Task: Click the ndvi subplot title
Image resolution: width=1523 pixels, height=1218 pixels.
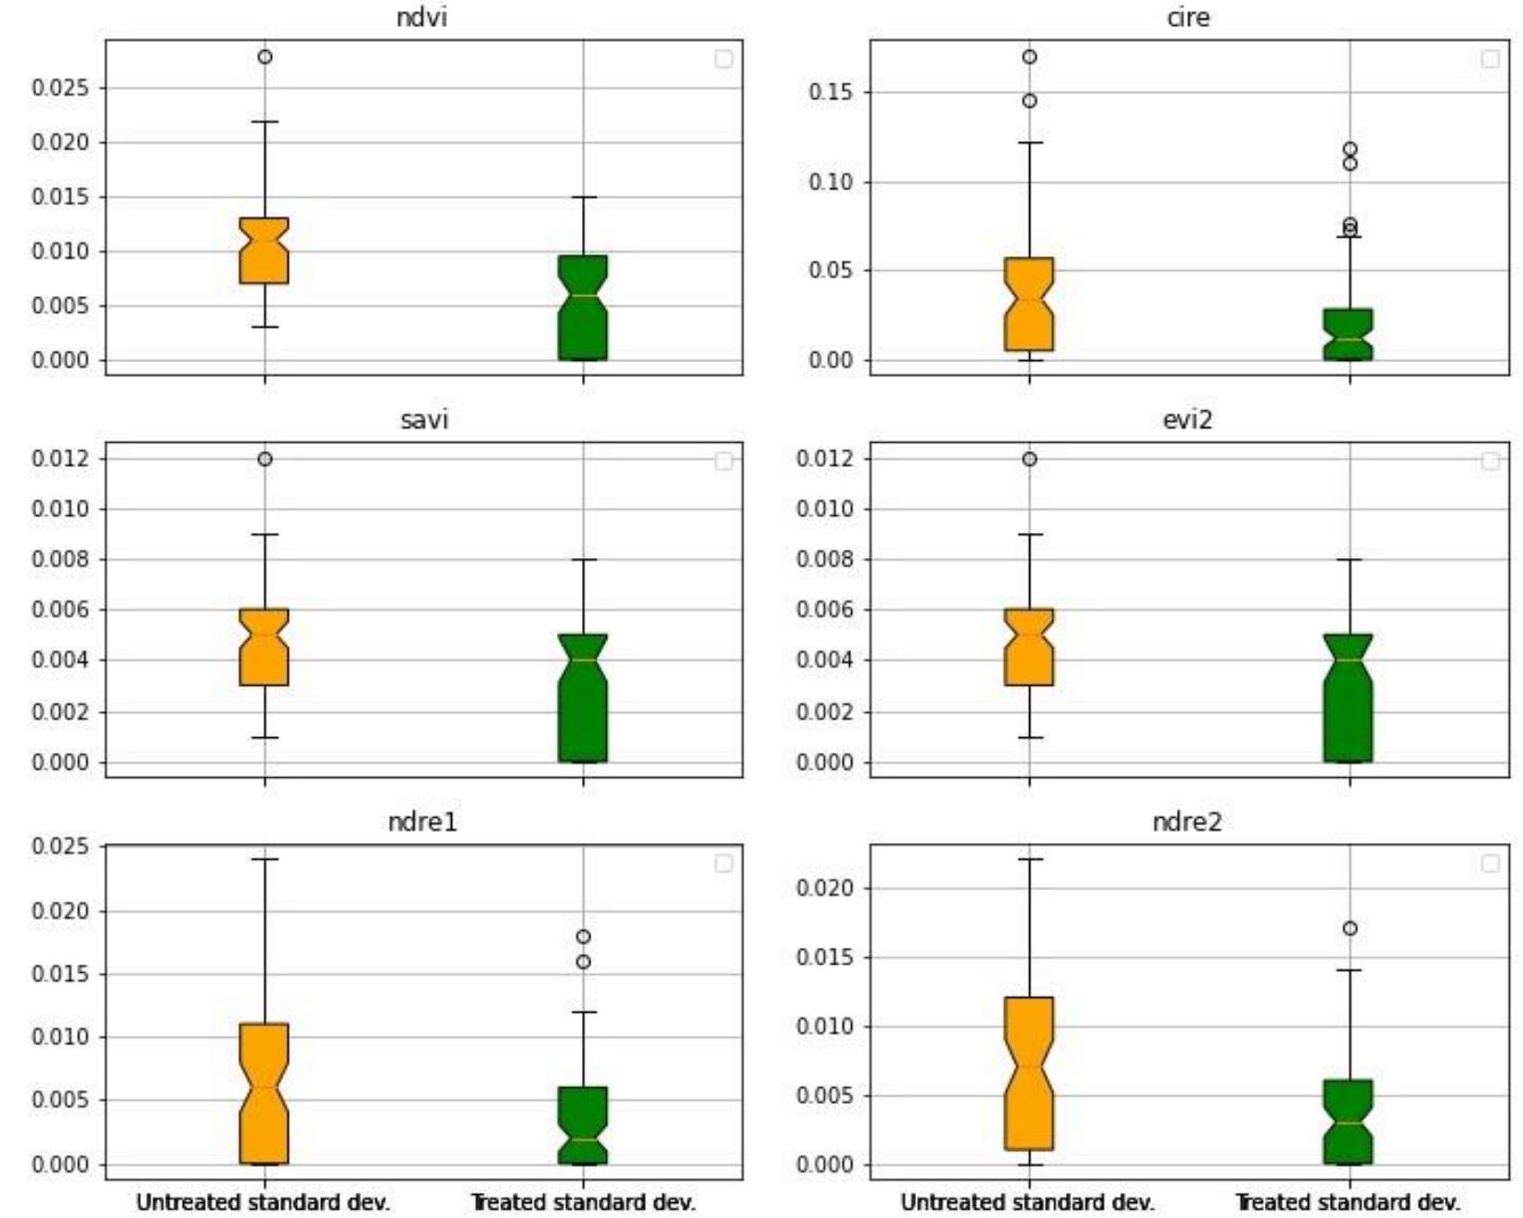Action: click(x=422, y=18)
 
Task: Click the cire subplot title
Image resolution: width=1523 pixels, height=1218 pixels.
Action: click(x=1188, y=18)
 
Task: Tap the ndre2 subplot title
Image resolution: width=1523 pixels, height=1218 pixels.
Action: click(x=1186, y=822)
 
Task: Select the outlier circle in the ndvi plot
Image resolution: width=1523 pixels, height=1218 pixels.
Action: click(x=265, y=57)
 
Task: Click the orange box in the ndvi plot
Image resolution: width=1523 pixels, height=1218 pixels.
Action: click(x=264, y=251)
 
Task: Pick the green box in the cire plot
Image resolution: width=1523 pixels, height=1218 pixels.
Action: click(x=1349, y=334)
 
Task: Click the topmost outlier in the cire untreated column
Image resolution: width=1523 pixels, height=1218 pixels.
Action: click(x=1029, y=57)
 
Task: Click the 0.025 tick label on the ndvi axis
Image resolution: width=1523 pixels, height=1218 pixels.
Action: click(x=60, y=88)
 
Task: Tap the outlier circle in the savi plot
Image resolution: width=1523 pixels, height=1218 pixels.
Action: click(x=265, y=459)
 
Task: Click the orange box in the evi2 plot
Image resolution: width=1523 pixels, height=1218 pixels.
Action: click(x=1028, y=647)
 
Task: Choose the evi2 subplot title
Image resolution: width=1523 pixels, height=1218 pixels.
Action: click(x=1187, y=420)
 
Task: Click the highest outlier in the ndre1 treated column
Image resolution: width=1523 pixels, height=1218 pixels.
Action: click(x=583, y=937)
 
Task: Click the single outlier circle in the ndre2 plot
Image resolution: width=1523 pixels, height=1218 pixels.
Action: click(x=1349, y=928)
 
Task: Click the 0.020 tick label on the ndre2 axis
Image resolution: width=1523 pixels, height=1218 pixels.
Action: click(x=825, y=888)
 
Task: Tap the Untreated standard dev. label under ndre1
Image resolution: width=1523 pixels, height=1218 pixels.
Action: click(x=264, y=1202)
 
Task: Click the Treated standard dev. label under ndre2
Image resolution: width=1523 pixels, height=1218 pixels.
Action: click(x=1349, y=1202)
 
